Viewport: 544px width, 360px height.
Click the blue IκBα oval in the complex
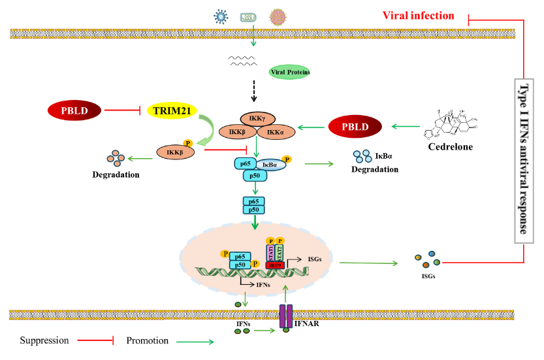coord(268,166)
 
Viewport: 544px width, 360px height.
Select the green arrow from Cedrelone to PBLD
coord(408,127)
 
